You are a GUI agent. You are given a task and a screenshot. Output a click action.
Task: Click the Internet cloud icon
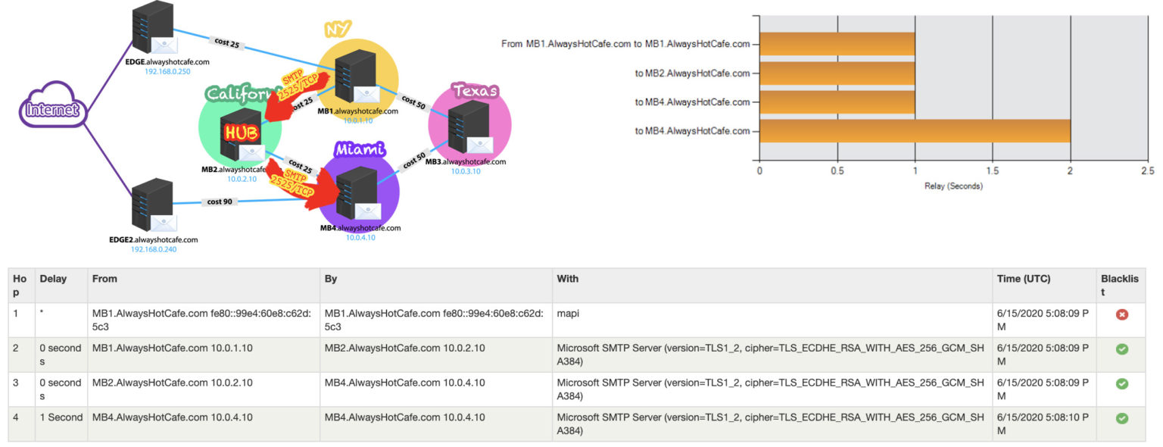click(52, 111)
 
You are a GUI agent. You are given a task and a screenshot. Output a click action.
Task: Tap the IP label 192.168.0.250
click(167, 71)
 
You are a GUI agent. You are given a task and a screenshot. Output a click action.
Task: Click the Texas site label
click(475, 91)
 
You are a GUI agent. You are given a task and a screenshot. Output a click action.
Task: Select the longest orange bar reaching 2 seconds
click(915, 131)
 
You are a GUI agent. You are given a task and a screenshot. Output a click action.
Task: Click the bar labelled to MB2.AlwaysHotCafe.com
click(837, 73)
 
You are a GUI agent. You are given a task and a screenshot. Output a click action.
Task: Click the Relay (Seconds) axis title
click(953, 186)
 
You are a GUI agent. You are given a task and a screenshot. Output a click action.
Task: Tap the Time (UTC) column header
click(1023, 279)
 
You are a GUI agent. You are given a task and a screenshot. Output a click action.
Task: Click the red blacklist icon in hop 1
click(1122, 314)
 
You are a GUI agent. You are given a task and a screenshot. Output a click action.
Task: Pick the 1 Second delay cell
click(61, 417)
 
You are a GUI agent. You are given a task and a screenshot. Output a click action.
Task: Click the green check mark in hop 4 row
click(1122, 418)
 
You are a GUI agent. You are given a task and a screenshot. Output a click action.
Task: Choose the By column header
click(331, 279)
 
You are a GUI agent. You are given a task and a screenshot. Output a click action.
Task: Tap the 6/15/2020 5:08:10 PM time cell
click(1043, 424)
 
